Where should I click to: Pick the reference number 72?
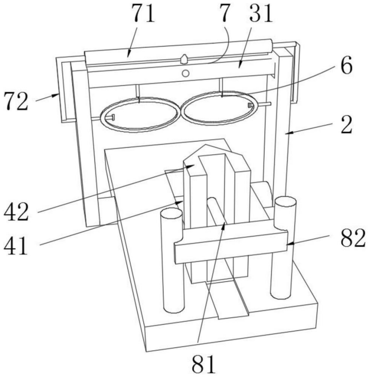click(16, 102)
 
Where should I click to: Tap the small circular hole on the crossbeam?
click(185, 73)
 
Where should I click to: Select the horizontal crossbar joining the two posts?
click(230, 245)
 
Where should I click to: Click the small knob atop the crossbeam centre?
click(185, 58)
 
